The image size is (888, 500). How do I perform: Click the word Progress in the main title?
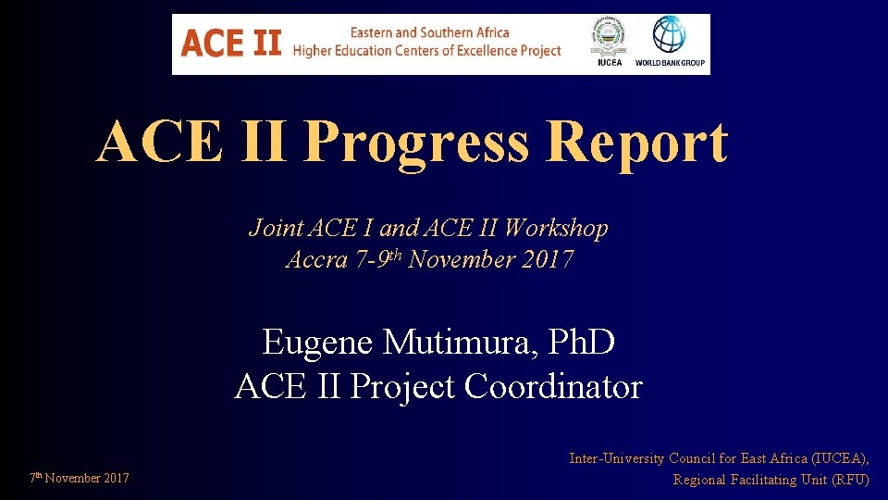(x=416, y=143)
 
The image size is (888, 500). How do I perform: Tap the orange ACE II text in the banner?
(x=230, y=43)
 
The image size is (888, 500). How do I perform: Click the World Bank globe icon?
(x=670, y=35)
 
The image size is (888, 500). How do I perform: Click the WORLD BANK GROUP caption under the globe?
(x=670, y=64)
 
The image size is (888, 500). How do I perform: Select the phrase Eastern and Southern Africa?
(x=429, y=32)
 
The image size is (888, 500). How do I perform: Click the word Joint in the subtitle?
(x=272, y=228)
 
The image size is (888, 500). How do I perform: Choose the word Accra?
(x=317, y=259)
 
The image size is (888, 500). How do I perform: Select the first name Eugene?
(x=318, y=343)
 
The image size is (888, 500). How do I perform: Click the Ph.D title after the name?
(x=581, y=343)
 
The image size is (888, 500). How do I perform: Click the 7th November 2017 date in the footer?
(x=79, y=479)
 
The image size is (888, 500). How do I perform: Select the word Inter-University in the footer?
(x=617, y=458)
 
